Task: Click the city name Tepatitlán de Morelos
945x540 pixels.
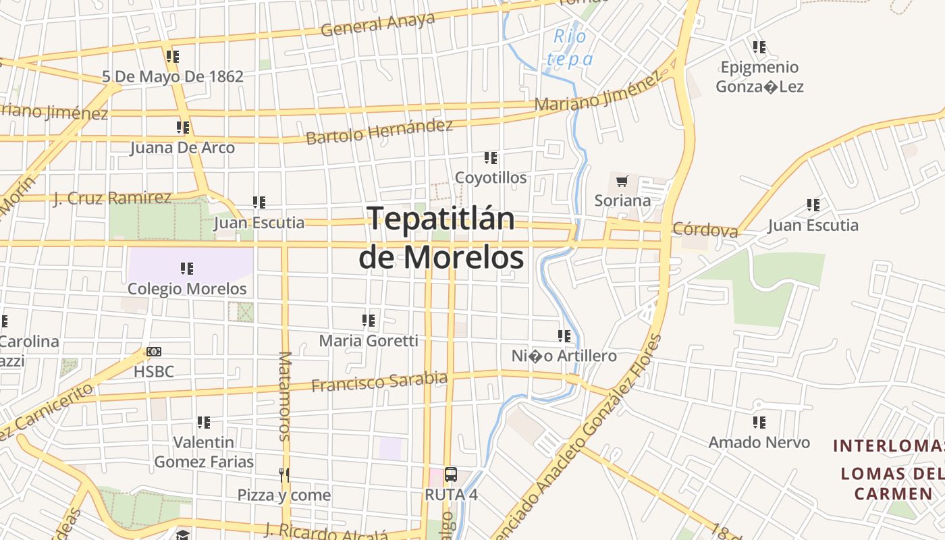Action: pyautogui.click(x=441, y=238)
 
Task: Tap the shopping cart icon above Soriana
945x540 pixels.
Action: pyautogui.click(x=622, y=181)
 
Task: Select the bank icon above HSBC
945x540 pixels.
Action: pyautogui.click(x=154, y=352)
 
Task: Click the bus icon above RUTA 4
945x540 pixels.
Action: pyautogui.click(x=451, y=475)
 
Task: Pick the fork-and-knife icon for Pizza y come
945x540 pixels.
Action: pyautogui.click(x=284, y=475)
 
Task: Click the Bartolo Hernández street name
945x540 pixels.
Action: pyautogui.click(x=379, y=131)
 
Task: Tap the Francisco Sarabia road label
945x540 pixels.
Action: pyautogui.click(x=379, y=381)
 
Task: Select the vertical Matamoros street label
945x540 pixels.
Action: pyautogui.click(x=284, y=396)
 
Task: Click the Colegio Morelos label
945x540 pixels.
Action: pyautogui.click(x=187, y=288)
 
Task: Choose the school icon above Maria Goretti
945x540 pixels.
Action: pyautogui.click(x=369, y=320)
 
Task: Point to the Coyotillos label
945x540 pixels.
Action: pyautogui.click(x=491, y=178)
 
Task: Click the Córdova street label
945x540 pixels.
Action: pyautogui.click(x=705, y=230)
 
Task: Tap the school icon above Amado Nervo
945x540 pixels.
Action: pyautogui.click(x=759, y=423)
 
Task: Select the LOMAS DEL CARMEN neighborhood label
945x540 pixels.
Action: pyautogui.click(x=886, y=483)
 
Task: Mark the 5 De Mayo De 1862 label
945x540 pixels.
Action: pyautogui.click(x=173, y=76)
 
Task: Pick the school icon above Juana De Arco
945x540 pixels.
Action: pyautogui.click(x=182, y=127)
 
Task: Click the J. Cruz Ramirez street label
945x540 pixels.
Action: pyautogui.click(x=112, y=198)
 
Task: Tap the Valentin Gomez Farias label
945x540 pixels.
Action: pyautogui.click(x=204, y=452)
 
